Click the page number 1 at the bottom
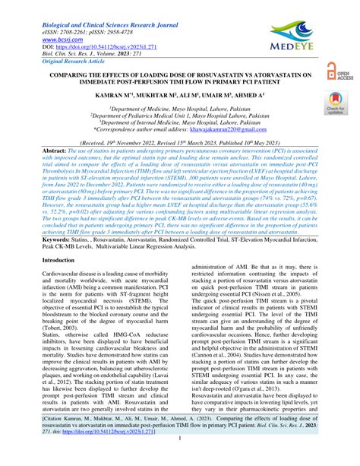tap(179, 459)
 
